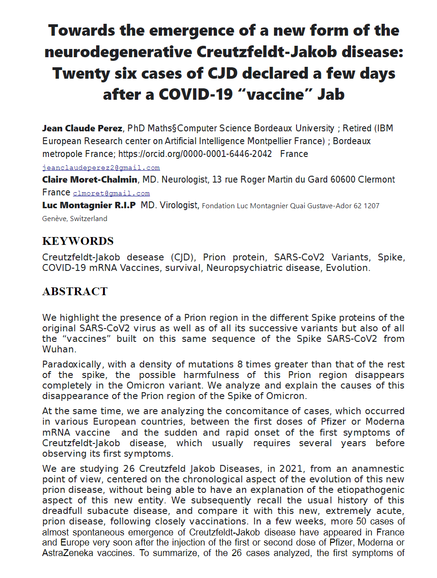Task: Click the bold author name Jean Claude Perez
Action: click(x=82, y=128)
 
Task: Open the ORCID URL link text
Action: click(x=195, y=154)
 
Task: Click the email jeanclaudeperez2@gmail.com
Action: click(x=101, y=167)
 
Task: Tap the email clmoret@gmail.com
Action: click(x=111, y=194)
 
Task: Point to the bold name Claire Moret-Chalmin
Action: click(x=90, y=179)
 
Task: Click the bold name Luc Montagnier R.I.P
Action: click(x=89, y=205)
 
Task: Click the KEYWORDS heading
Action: click(x=78, y=241)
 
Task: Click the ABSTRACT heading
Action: click(x=75, y=292)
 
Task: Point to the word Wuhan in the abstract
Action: click(x=58, y=349)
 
